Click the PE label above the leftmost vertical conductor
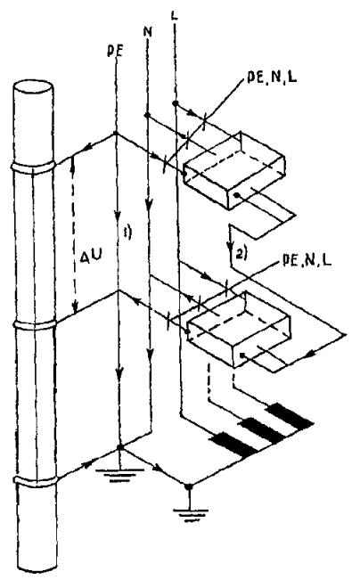pos(114,52)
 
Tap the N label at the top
pos(148,32)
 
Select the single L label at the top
pos(175,16)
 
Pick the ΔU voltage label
pos(93,257)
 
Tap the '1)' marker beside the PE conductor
pos(128,233)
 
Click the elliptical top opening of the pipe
pos(33,89)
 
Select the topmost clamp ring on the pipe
pos(34,167)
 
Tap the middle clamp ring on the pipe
pos(35,325)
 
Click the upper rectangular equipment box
pos(234,169)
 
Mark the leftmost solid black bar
pos(234,445)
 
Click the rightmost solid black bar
pos(290,416)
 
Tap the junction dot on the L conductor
pos(175,102)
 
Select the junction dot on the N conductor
pos(147,114)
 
